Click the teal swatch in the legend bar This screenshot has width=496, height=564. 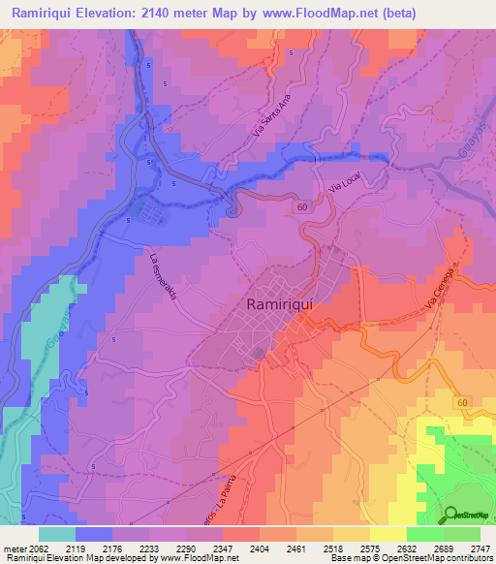[56, 534]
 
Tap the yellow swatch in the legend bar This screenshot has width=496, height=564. [387, 534]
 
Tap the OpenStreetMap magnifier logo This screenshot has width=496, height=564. [450, 515]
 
